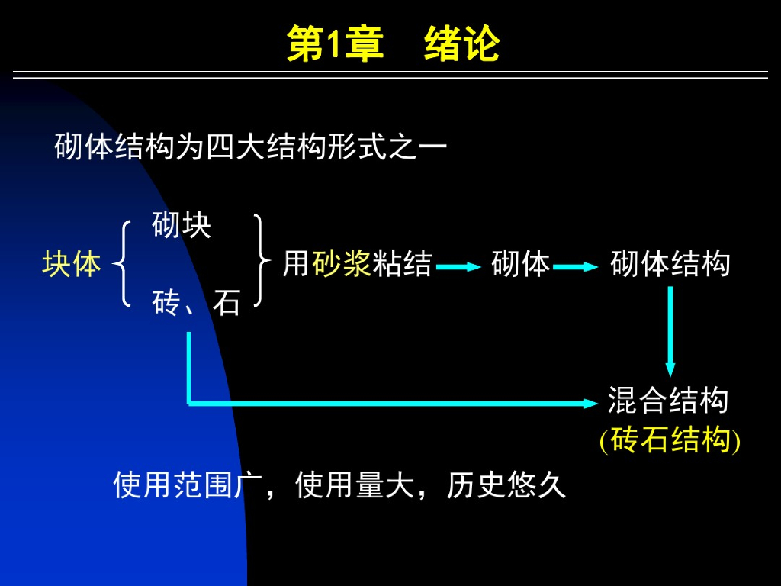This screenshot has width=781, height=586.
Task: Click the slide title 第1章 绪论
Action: tap(393, 44)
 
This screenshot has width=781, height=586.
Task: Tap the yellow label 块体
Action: tap(72, 264)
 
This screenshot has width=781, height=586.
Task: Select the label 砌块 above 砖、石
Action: tap(182, 226)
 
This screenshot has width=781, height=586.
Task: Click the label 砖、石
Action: tap(196, 304)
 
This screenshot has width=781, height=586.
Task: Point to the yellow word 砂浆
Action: tap(342, 264)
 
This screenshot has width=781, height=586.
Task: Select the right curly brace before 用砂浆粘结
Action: tap(261, 262)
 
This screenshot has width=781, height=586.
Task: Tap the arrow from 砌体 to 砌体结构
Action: tap(576, 266)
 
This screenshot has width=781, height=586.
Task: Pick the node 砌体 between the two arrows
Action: tap(521, 264)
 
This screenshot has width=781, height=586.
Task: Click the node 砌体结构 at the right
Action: tap(670, 264)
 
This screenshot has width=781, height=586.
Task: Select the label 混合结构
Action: tap(668, 400)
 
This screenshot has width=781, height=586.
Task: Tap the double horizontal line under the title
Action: tap(390, 75)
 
